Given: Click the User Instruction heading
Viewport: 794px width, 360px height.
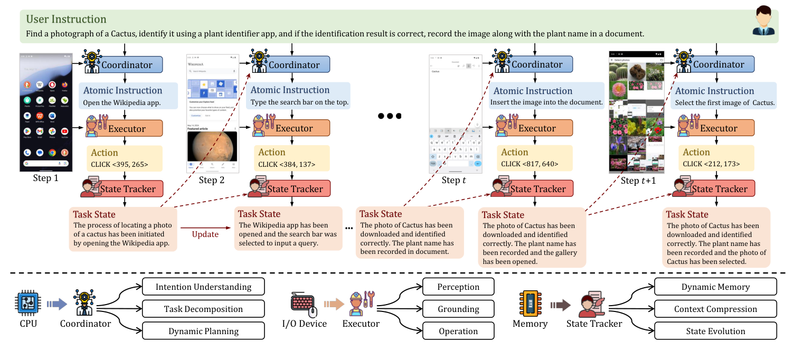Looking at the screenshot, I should pos(66,20).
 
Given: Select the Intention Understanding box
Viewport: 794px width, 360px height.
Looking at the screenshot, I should pos(203,287).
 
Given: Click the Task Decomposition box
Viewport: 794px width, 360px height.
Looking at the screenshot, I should pos(203,309).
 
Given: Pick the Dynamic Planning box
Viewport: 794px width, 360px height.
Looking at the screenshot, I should pos(203,331).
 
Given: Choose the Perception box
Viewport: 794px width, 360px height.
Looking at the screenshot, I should pos(458,287).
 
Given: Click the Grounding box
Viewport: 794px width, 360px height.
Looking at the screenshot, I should pos(458,309).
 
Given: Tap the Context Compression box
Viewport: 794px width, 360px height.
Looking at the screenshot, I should pos(715,309).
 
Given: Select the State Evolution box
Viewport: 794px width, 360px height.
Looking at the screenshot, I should pos(715,331).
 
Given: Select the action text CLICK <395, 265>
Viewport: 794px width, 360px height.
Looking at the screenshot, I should pos(120,164).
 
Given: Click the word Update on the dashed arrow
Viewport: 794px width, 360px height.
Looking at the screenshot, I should pos(205,234).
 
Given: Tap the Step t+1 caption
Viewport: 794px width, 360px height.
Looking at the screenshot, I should pos(638,181).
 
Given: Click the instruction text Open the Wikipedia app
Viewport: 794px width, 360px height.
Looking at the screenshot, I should pos(121,102).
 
